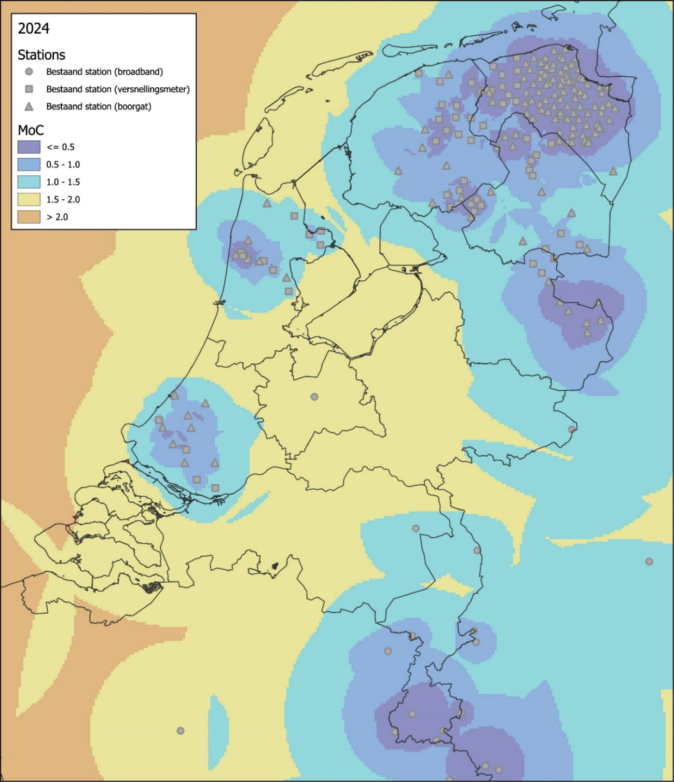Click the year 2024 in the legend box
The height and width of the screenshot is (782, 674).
coord(33,29)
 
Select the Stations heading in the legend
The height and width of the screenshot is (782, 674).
coord(42,55)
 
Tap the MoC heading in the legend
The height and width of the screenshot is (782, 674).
coord(31,130)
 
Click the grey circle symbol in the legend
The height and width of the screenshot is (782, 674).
coord(29,72)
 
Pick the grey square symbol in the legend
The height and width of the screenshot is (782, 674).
coord(29,89)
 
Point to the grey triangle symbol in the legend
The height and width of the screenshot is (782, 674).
coord(29,106)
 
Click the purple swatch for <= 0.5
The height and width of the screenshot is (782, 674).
coord(29,147)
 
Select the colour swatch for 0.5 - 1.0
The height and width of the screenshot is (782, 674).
coord(29,164)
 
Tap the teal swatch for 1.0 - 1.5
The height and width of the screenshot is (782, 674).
coord(29,182)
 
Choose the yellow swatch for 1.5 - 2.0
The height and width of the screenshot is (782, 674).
coord(29,199)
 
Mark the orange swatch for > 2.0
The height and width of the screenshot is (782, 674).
coord(29,217)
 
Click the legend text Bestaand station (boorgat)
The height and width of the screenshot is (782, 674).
coord(99,106)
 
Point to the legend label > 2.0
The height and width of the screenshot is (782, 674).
coord(57,217)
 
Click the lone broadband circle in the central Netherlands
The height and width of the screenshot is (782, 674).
coord(314,397)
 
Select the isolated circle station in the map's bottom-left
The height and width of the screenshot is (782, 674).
coord(181,731)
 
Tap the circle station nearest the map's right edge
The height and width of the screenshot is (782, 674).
coord(649,561)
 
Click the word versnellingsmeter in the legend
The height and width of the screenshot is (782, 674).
coord(154,89)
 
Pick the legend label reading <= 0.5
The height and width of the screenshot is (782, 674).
coord(60,147)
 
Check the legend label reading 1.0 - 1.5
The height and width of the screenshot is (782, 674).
coord(63,182)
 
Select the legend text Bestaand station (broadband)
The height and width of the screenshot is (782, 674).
coord(104,72)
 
